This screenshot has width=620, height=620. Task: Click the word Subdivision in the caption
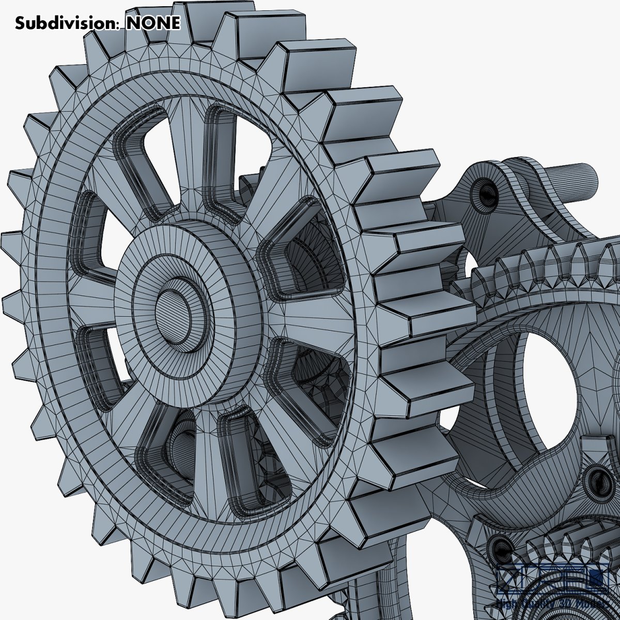click(67, 23)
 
